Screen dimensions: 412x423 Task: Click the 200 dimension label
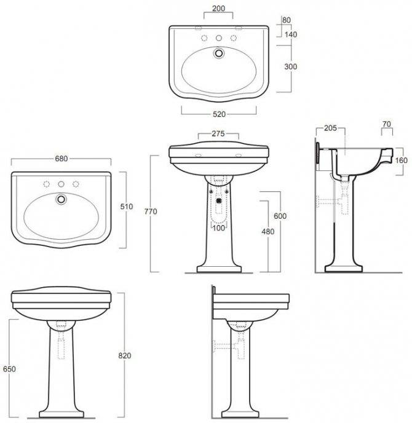218,9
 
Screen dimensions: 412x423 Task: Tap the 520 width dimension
219,114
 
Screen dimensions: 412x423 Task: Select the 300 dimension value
291,66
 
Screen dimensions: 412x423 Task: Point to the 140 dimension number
291,34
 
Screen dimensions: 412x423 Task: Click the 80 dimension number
287,20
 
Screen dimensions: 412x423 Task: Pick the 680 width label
61,159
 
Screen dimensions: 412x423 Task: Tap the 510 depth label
127,207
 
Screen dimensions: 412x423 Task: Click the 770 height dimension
151,211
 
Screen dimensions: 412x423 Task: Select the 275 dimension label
218,134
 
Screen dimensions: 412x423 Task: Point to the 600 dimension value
280,216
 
